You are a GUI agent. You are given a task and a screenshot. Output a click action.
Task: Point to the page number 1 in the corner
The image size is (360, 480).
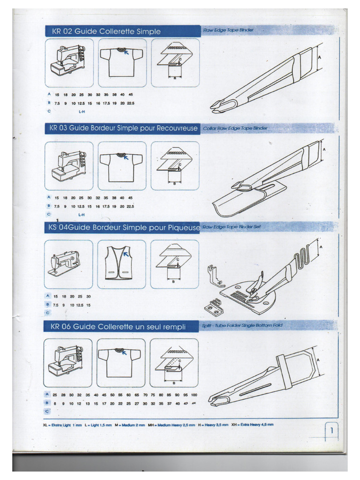pyautogui.click(x=332, y=430)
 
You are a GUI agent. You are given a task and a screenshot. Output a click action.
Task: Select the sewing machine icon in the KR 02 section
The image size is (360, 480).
pyautogui.click(x=69, y=62)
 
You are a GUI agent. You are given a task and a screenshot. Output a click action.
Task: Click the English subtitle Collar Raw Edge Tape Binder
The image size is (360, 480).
pyautogui.click(x=235, y=128)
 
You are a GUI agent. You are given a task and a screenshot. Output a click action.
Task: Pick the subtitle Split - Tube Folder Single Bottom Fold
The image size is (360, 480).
pyautogui.click(x=242, y=325)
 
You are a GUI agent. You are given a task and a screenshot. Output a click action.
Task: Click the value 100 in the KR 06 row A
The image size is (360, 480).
pyautogui.click(x=194, y=395)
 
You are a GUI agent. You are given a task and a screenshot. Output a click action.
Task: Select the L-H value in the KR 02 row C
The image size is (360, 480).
pyautogui.click(x=82, y=112)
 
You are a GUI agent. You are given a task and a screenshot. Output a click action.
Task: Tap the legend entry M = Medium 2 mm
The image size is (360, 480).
pyautogui.click(x=135, y=425)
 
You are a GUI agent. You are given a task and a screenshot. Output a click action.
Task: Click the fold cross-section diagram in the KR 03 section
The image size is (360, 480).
pyautogui.click(x=174, y=165)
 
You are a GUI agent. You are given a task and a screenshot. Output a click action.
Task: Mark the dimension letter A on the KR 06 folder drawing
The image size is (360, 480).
pyautogui.click(x=319, y=360)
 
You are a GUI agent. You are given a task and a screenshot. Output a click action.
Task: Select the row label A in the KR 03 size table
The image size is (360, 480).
pyautogui.click(x=48, y=197)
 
